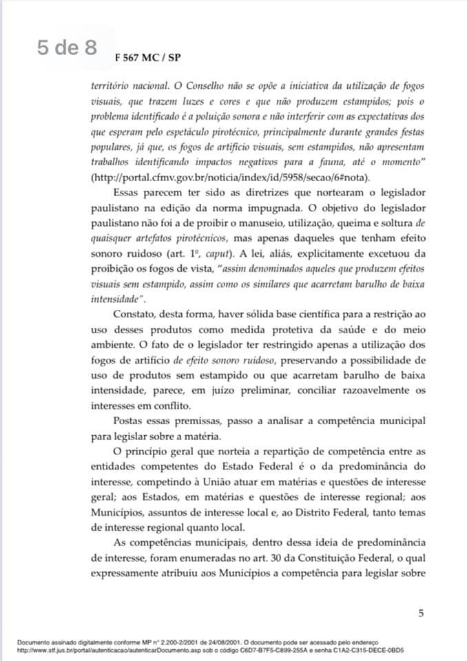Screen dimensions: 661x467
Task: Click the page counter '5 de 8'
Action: click(x=68, y=48)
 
